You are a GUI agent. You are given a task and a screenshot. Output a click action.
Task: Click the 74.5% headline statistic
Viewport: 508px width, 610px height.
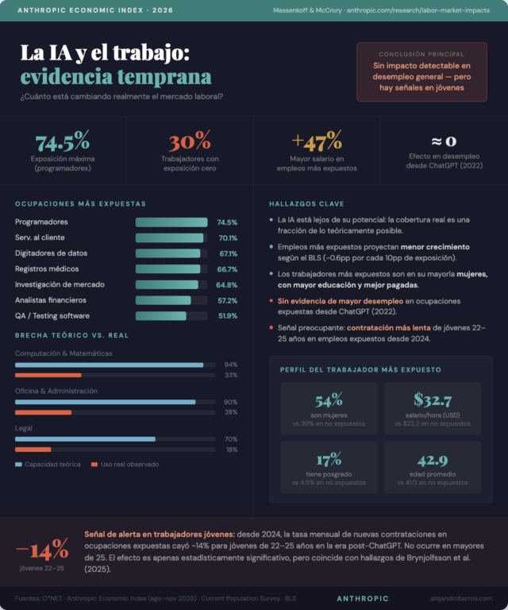(62, 142)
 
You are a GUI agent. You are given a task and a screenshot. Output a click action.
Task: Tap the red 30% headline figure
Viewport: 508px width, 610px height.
(189, 142)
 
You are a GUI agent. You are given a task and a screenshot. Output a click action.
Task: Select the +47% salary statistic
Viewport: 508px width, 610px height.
(317, 142)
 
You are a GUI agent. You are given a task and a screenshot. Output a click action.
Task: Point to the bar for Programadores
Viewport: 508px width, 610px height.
(171, 222)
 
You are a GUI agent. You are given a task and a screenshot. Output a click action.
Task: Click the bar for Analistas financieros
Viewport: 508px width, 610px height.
(164, 300)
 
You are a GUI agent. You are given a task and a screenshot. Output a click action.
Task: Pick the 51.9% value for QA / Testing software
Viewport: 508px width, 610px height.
(227, 316)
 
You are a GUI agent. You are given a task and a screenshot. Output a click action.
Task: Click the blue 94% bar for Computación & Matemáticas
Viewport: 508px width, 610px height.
(109, 365)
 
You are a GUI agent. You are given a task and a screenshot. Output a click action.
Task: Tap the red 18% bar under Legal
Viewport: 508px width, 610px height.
(33, 450)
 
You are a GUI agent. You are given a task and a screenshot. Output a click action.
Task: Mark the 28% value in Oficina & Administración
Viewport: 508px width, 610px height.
(231, 412)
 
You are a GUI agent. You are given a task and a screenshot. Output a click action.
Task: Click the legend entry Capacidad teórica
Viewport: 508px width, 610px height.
(52, 464)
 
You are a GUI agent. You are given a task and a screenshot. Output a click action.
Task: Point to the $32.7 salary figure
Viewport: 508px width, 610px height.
(432, 401)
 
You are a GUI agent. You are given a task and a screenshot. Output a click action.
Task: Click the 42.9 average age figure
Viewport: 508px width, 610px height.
(432, 461)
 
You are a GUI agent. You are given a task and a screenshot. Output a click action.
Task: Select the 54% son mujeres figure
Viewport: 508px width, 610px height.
(329, 401)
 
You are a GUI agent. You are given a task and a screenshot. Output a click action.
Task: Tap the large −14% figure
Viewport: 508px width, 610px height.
(42, 550)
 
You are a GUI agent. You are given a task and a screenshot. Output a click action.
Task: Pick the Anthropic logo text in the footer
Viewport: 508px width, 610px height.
(363, 598)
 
